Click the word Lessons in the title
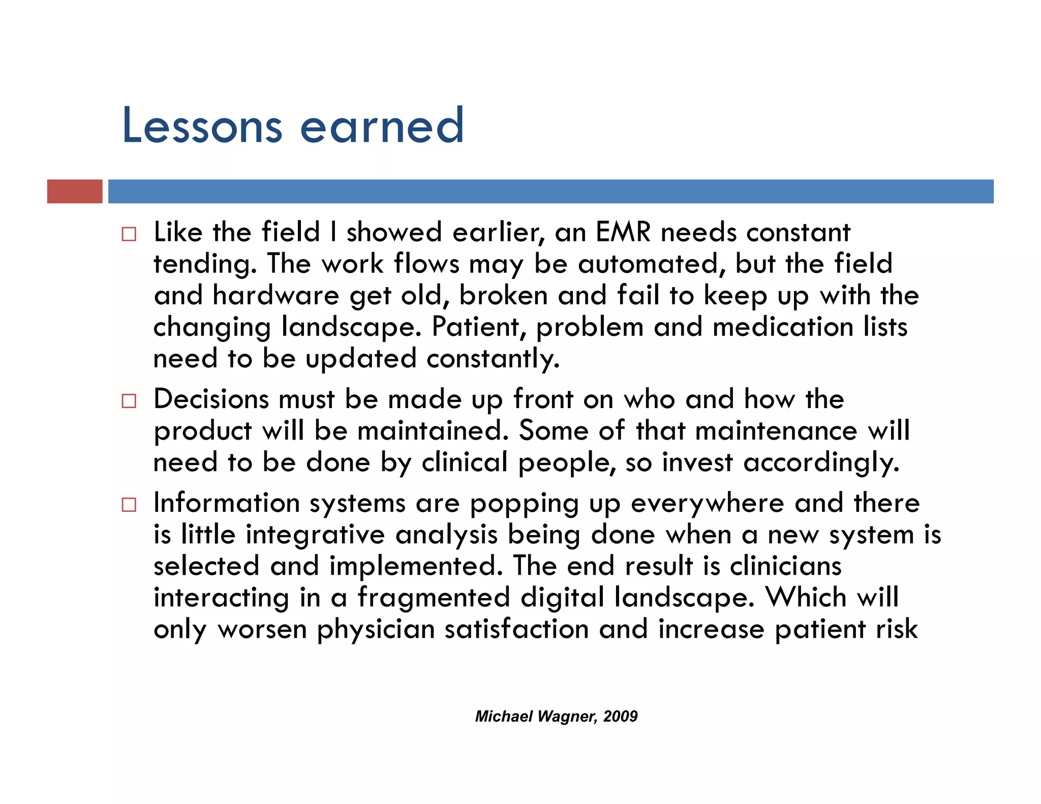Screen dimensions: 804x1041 tap(202, 126)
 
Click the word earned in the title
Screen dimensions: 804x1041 tap(382, 126)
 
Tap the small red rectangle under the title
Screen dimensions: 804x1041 tap(75, 191)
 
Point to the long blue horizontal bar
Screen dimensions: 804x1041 tap(550, 191)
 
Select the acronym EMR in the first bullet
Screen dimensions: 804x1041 tap(623, 232)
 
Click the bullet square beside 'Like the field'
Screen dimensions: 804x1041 tap(129, 234)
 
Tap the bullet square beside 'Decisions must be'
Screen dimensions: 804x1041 tap(129, 401)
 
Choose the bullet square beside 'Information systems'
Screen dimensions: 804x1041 tap(129, 505)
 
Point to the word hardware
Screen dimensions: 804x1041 tap(275, 296)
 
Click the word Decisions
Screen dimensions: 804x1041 tap(211, 399)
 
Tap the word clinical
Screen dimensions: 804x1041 tap(465, 462)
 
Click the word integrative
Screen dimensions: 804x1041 tap(315, 535)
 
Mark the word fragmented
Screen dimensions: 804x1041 tap(434, 598)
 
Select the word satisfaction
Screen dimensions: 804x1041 tap(516, 629)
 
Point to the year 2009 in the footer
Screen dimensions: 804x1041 tap(621, 717)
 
